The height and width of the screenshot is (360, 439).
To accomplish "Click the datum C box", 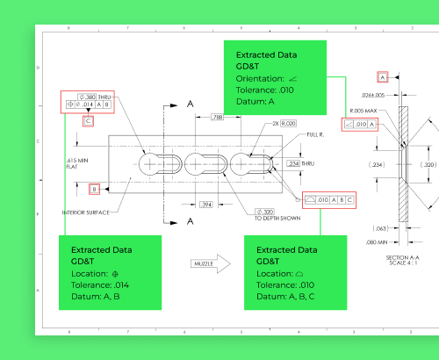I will [x=88, y=121].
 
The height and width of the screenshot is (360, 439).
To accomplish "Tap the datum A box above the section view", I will [x=383, y=78].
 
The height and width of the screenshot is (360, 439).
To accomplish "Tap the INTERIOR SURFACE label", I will [x=86, y=212].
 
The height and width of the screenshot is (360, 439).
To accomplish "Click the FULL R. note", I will [x=315, y=135].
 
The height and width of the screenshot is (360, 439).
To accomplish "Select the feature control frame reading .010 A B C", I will [x=329, y=199].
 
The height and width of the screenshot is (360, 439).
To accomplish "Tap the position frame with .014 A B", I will [x=89, y=104].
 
